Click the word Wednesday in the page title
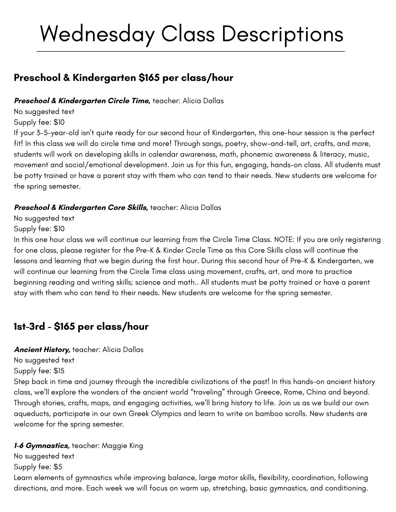click(x=97, y=34)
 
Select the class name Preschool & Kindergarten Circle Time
click(x=82, y=101)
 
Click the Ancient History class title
click(x=42, y=349)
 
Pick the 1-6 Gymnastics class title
click(x=42, y=445)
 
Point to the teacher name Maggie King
click(x=122, y=445)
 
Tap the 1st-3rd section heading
click(x=29, y=326)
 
